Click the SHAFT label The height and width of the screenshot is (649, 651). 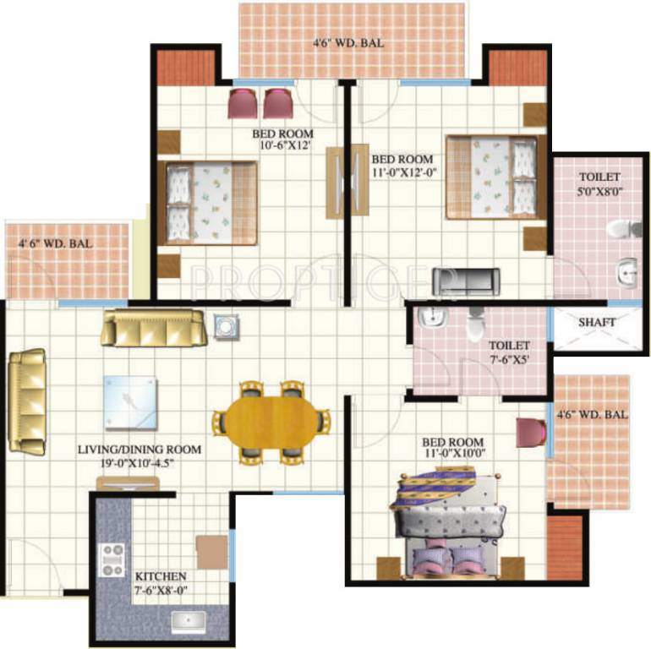click(x=597, y=322)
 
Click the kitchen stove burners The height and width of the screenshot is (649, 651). click(x=112, y=560)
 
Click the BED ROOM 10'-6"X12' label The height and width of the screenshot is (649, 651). click(x=282, y=139)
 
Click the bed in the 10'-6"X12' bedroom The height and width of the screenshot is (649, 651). click(x=211, y=202)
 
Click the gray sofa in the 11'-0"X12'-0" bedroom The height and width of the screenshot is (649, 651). click(x=466, y=280)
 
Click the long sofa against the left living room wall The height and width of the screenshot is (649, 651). click(x=27, y=401)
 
